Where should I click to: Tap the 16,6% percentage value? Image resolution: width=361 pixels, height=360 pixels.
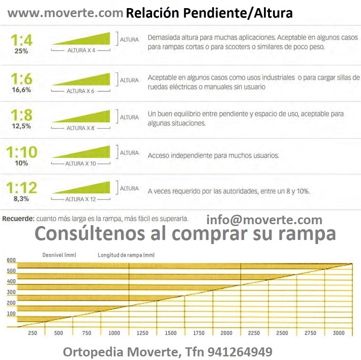coord(21,90)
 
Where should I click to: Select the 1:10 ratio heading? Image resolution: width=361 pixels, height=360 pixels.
coord(22,152)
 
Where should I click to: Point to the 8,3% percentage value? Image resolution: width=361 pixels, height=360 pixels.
coord(21,198)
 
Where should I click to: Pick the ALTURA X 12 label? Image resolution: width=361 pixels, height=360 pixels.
coord(81,199)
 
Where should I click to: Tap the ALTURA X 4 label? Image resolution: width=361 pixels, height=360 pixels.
coord(81,50)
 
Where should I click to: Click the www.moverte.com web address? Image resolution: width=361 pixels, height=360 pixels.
coord(65,14)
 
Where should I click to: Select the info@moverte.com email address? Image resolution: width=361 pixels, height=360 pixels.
coord(264,220)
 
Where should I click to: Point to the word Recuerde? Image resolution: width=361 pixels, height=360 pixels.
coord(19,219)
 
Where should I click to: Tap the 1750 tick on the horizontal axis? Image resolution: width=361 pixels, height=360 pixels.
coord(199,333)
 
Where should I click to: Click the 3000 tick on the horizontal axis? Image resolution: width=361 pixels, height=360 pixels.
coord(338,333)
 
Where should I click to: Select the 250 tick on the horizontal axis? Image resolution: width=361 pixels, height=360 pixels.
coord(32,333)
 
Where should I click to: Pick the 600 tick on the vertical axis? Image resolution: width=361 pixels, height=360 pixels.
coord(11,260)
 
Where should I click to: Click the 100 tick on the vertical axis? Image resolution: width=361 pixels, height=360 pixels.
coord(11,313)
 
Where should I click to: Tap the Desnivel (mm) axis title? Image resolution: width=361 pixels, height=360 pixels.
coord(59,255)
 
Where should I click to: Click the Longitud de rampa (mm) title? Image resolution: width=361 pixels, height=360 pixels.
coord(126,255)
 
